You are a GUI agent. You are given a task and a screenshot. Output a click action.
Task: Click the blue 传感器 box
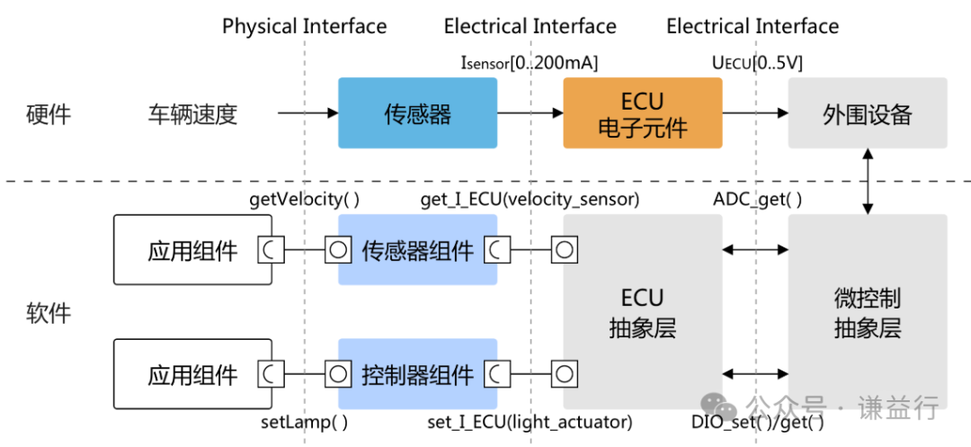coord(417,113)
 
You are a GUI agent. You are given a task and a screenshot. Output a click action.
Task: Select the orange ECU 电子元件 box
coord(642,113)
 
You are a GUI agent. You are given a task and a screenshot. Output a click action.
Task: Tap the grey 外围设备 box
coord(867,113)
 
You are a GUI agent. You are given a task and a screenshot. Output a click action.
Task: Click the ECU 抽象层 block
coord(642,312)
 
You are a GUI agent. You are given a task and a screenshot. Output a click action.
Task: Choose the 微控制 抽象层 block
coord(867,312)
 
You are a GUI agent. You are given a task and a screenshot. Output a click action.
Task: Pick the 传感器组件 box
coord(417,250)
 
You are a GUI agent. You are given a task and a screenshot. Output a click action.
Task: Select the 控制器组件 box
coord(417,373)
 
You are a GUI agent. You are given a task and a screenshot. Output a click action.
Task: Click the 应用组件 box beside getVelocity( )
coord(192,250)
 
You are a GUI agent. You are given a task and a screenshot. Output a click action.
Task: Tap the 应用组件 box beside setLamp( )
coord(192,373)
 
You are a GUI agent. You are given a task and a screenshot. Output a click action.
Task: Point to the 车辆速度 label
coord(192,114)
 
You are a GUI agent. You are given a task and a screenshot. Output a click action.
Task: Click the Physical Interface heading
coord(304,26)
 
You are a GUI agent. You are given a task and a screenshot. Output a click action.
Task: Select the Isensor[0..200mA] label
coord(529,63)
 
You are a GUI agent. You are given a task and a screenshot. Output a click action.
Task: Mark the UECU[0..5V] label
coord(757,63)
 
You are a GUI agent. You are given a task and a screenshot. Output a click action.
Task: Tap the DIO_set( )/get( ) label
coord(757,421)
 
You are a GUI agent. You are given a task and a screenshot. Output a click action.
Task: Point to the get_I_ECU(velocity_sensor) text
coord(530,200)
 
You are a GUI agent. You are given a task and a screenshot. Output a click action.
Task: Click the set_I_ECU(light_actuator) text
coord(530,421)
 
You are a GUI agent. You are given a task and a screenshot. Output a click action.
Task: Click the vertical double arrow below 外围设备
coord(867,182)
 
